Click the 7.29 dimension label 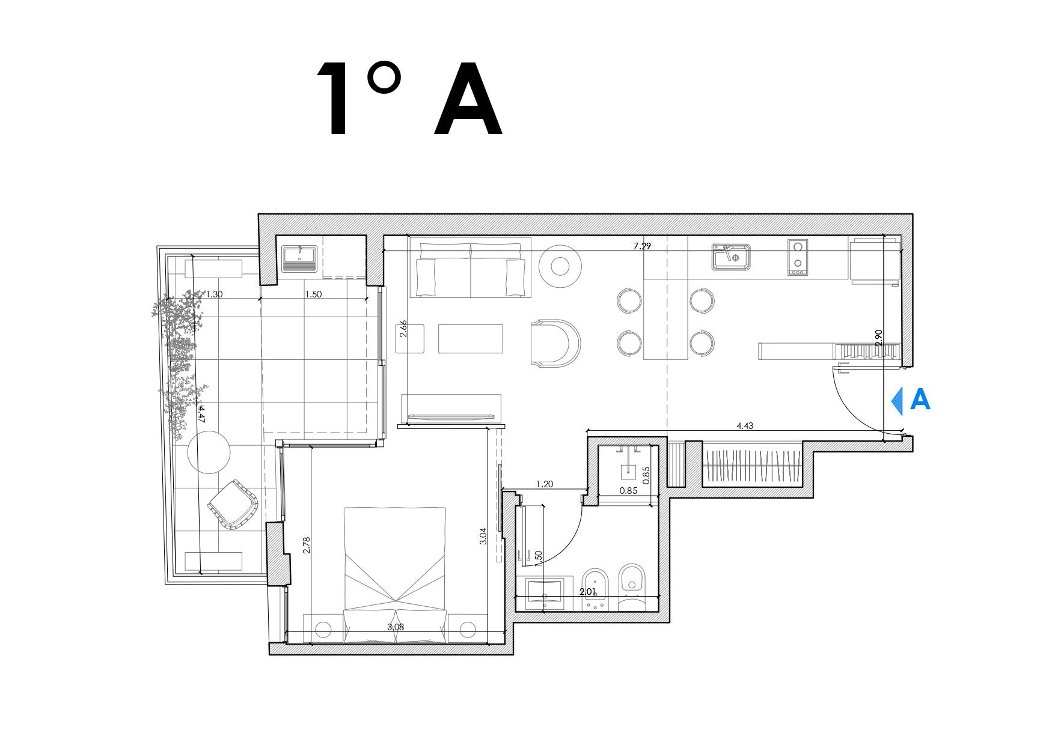[642, 246]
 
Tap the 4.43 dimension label [744, 426]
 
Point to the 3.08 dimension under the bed [396, 627]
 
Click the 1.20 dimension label [544, 484]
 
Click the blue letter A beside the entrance [920, 400]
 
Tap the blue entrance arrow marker [898, 400]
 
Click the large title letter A [468, 99]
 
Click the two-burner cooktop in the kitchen [798, 257]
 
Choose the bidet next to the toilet [596, 589]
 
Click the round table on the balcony [209, 454]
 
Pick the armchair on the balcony [233, 505]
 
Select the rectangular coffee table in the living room [470, 339]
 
